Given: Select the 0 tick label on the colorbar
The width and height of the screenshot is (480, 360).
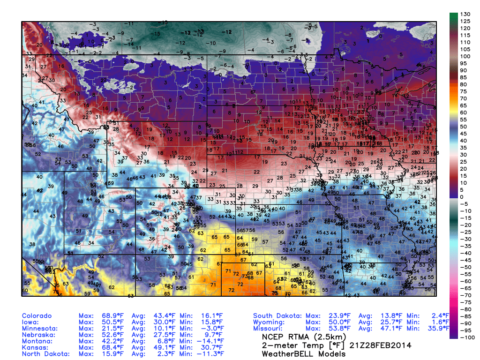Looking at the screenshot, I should click(x=466, y=197).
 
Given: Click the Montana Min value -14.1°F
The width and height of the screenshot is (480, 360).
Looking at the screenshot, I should click(x=208, y=341).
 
